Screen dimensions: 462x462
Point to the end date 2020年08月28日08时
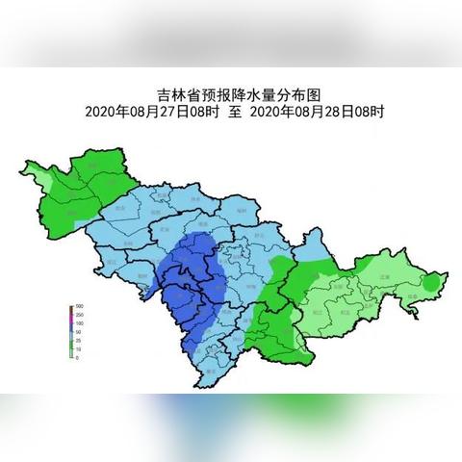click(318, 112)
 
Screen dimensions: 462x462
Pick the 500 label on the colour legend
click(79, 308)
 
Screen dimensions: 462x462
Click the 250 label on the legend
click(79, 316)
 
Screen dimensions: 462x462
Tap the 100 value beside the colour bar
click(79, 324)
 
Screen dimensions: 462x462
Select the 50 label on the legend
click(78, 333)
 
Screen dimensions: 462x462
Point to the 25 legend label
click(78, 341)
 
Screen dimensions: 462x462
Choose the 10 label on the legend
click(78, 349)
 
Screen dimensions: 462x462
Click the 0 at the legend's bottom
click(77, 357)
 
